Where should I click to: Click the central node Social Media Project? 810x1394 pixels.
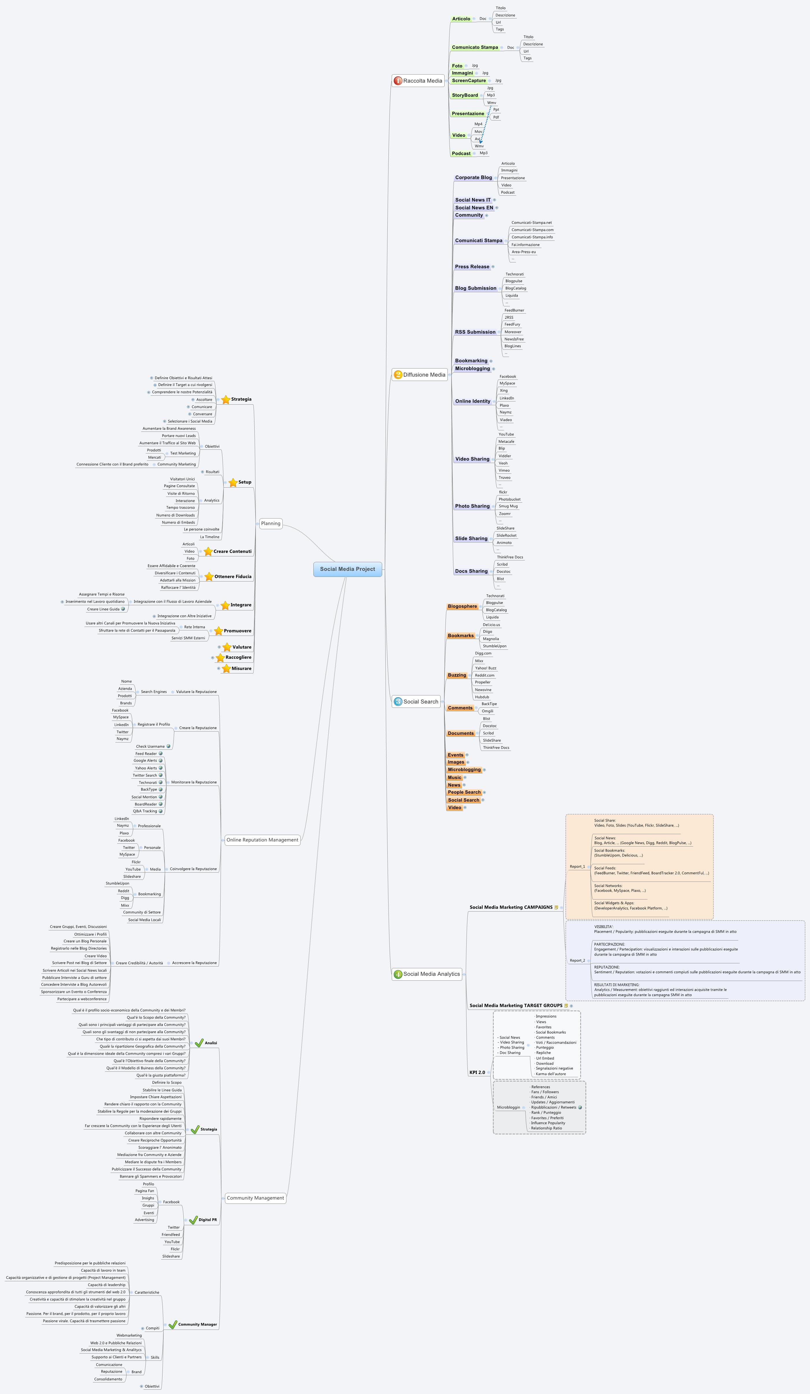tap(347, 569)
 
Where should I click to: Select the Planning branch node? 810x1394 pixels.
tap(271, 523)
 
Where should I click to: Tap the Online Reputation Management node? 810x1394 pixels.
tap(262, 840)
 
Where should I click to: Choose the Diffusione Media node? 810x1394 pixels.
tap(424, 375)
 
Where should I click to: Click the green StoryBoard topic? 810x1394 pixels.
tap(465, 95)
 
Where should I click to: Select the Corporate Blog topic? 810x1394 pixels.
tap(473, 177)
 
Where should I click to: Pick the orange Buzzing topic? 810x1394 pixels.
tap(457, 675)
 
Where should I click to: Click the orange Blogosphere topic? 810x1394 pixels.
tap(462, 606)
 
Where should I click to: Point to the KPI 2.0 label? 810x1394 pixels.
tap(477, 1072)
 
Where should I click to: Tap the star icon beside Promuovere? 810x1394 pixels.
tap(219, 631)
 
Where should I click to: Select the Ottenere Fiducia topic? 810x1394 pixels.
tap(232, 576)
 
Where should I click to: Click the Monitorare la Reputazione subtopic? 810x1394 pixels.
tap(194, 782)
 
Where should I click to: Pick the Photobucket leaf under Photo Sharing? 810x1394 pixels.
tap(509, 499)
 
